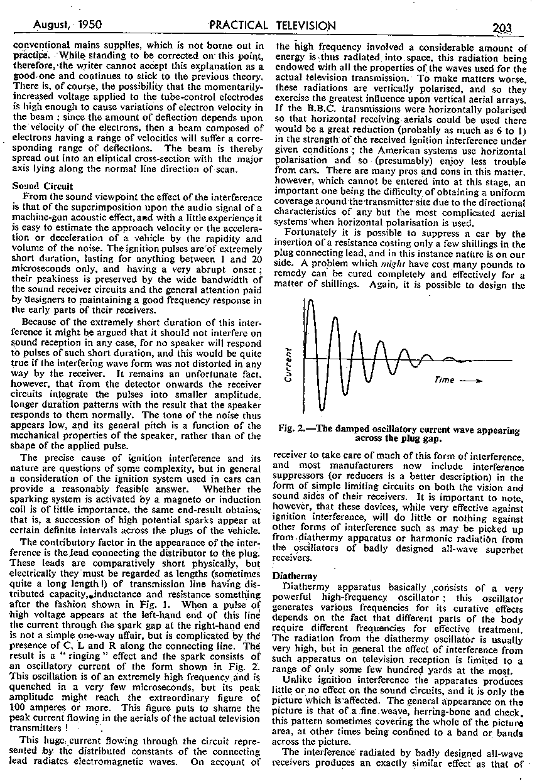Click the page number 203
coord(503,27)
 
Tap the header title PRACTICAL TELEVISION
coord(273,26)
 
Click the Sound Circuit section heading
coord(43,187)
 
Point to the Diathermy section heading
coord(294,575)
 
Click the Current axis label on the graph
coord(289,365)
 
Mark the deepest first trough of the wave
coord(320,408)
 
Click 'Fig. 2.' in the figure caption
coord(291,430)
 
